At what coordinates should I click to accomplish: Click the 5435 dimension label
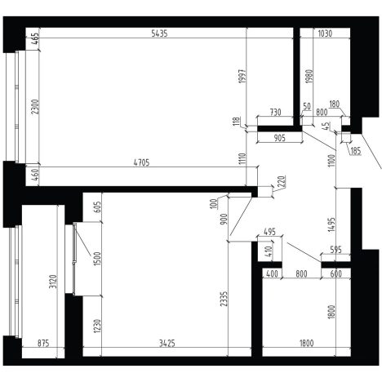[159, 33]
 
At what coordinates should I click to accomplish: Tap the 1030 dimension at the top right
[325, 33]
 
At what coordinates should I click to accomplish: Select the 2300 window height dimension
[35, 107]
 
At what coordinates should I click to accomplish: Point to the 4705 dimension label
[142, 162]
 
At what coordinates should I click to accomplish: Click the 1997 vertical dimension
[242, 77]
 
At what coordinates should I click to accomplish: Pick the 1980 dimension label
[309, 77]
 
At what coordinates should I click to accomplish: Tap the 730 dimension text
[275, 112]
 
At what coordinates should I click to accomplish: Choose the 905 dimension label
[279, 138]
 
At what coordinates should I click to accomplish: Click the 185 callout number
[356, 151]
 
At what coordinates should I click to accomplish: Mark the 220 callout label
[282, 181]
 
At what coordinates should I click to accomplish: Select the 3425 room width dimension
[167, 344]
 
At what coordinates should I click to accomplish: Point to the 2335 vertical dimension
[224, 300]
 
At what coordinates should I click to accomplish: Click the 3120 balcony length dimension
[53, 282]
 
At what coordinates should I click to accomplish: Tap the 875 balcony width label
[43, 344]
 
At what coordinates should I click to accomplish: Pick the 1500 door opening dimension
[97, 259]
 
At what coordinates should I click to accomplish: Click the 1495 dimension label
[332, 224]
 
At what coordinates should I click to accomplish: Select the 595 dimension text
[335, 250]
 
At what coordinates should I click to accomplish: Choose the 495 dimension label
[270, 232]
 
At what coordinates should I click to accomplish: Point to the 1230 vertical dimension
[97, 326]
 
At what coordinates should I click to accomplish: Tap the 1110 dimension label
[242, 159]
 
